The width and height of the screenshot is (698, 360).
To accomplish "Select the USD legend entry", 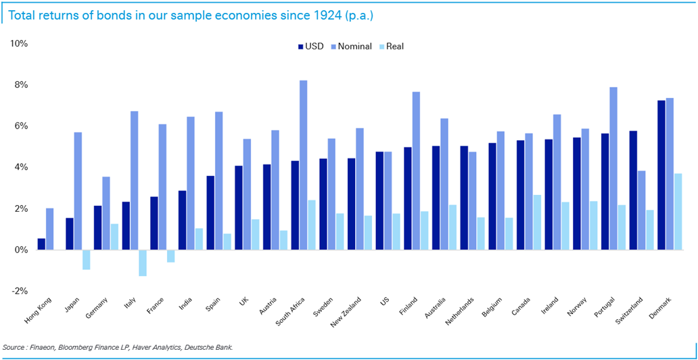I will pos(310,47).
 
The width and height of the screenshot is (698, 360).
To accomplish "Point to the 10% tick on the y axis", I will pos(18,44).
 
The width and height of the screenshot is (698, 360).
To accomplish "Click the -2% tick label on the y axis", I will pos(18,291).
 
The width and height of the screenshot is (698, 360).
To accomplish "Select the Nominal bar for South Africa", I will pos(304,165).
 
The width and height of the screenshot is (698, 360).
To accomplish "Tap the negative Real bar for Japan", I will pos(86,259).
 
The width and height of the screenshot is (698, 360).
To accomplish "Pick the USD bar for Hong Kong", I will pos(41,244).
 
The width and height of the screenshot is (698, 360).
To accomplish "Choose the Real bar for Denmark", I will pos(678,212).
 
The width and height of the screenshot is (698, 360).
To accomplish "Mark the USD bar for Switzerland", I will pos(633,190).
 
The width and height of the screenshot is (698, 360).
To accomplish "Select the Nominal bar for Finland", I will pos(416,171).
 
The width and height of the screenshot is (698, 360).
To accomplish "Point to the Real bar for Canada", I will pos(536,222).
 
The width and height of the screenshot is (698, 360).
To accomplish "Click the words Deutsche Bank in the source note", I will pos(210,348).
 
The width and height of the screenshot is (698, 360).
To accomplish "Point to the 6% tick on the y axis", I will pos(18,127).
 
